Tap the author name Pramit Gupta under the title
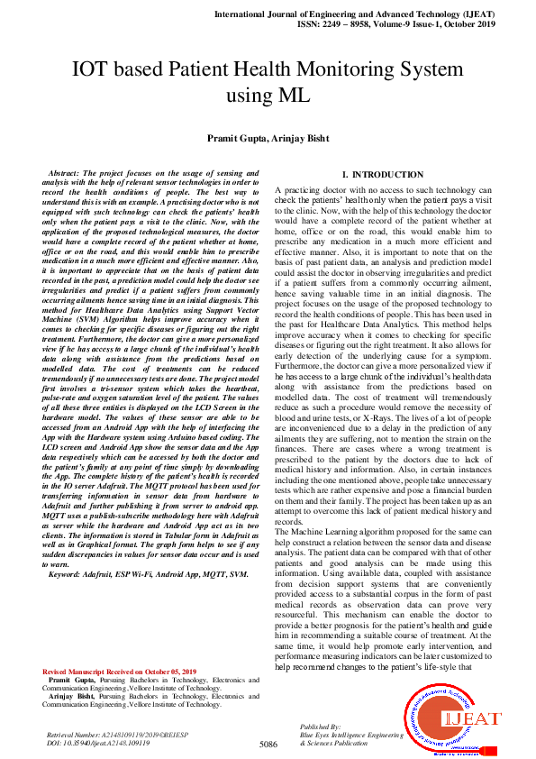239,137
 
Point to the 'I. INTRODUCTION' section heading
383,174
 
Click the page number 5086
268,744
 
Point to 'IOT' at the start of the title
92,70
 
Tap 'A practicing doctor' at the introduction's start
311,190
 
